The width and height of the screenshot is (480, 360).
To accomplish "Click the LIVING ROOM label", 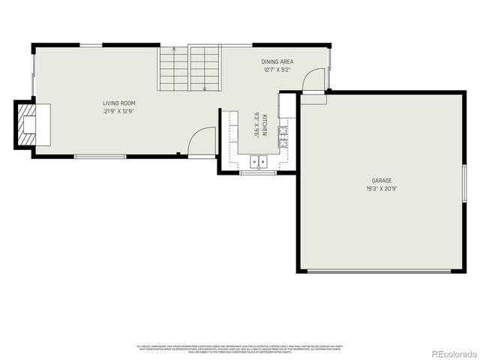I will pyautogui.click(x=118, y=103).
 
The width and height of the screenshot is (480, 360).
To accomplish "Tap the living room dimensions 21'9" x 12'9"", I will pyautogui.click(x=118, y=111).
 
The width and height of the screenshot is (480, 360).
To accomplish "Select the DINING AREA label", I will pyautogui.click(x=277, y=61).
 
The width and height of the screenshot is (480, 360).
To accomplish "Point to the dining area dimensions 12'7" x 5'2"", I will pyautogui.click(x=277, y=70).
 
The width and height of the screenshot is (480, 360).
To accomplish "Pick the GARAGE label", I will pyautogui.click(x=382, y=181).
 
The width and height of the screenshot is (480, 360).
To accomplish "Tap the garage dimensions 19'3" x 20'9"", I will pyautogui.click(x=382, y=189).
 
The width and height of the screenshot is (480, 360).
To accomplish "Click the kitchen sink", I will pyautogui.click(x=259, y=160).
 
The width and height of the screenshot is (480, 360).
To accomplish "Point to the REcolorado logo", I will pyautogui.click(x=449, y=352).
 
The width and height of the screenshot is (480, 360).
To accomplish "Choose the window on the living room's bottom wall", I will pyautogui.click(x=100, y=156).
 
